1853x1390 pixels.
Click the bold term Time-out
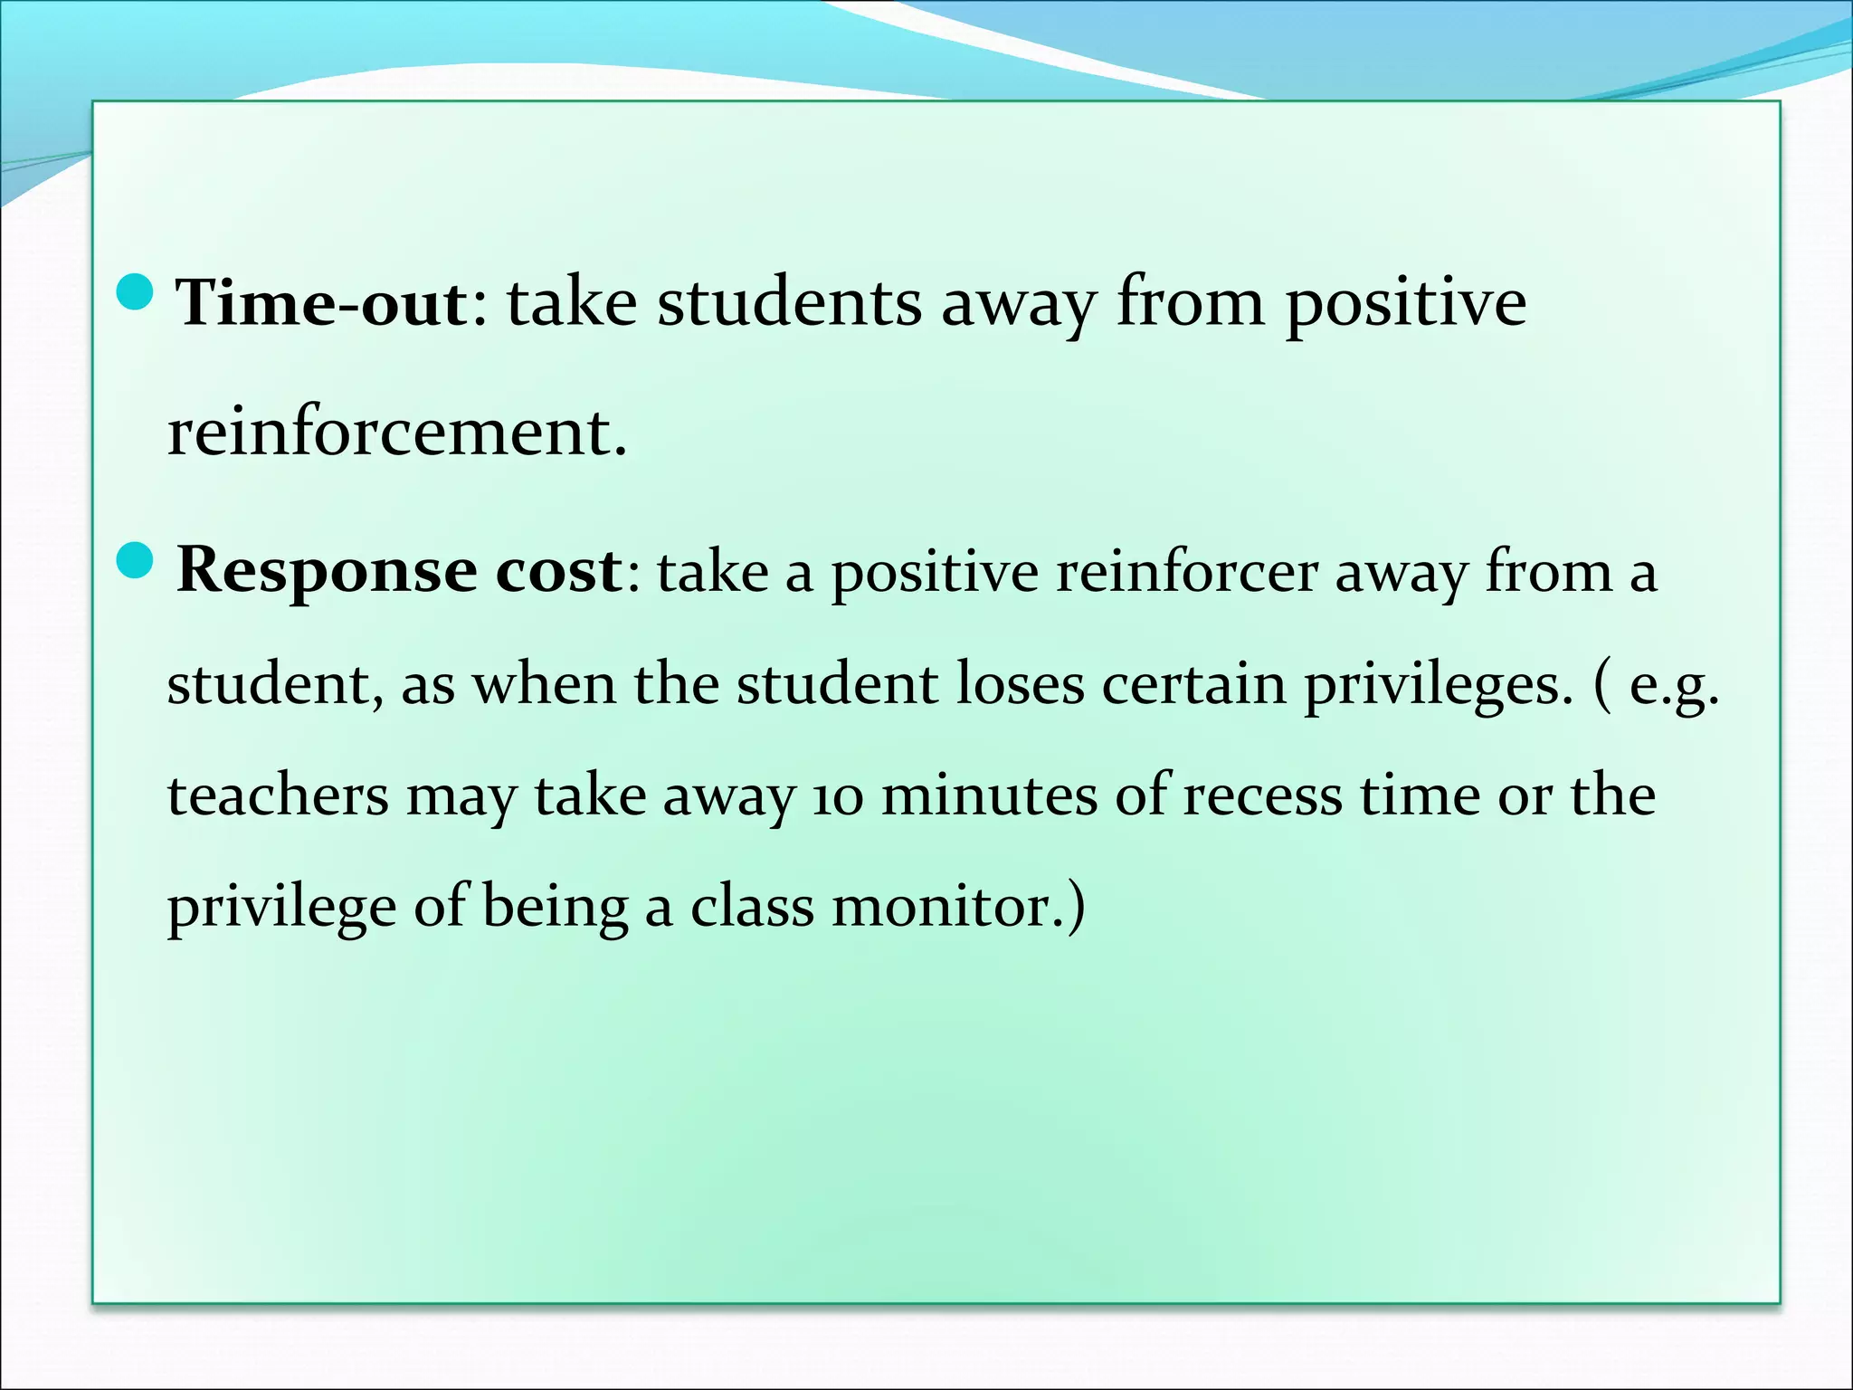[x=322, y=302]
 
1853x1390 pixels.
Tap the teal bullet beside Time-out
[x=137, y=292]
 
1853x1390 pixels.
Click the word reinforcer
[x=1186, y=572]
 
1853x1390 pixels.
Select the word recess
[x=1262, y=796]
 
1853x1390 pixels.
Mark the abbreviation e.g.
[x=1673, y=686]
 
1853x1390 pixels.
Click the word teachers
[x=278, y=796]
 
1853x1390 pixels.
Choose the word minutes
[x=989, y=796]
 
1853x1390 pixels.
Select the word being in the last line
[x=555, y=908]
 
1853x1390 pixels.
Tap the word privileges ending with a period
[x=1433, y=686]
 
